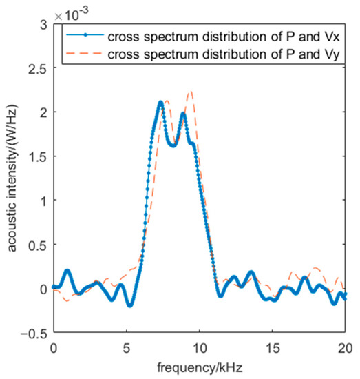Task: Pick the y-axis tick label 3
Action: [42, 24]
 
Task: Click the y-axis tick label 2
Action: [42, 112]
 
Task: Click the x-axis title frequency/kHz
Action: [199, 365]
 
